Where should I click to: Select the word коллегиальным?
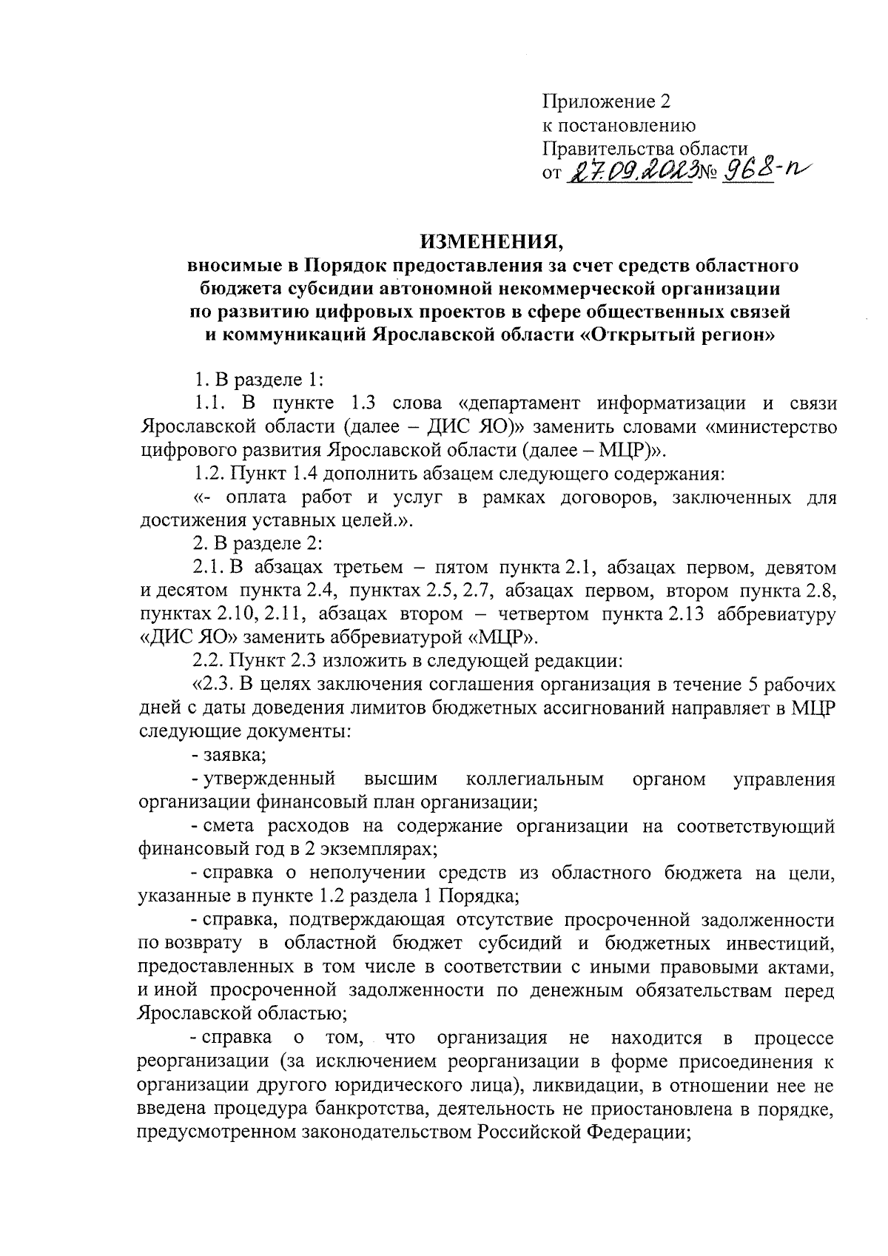point(535,779)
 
